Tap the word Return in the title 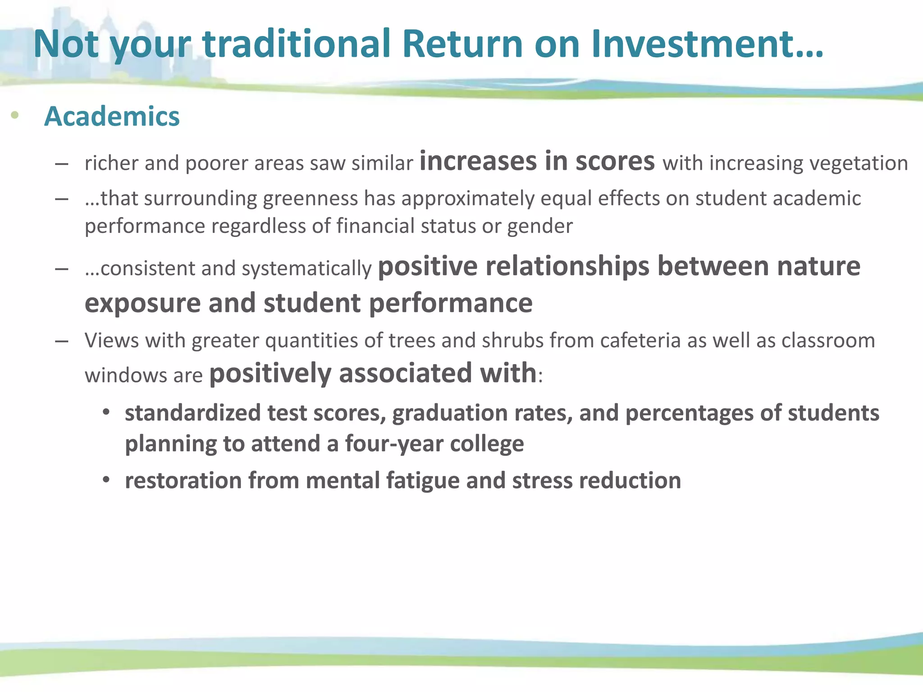point(462,44)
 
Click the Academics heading point(112,116)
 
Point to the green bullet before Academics point(15,115)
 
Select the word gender point(540,226)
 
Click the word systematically point(306,269)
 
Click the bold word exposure point(142,303)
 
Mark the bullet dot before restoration point(106,480)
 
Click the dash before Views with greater point(62,341)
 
